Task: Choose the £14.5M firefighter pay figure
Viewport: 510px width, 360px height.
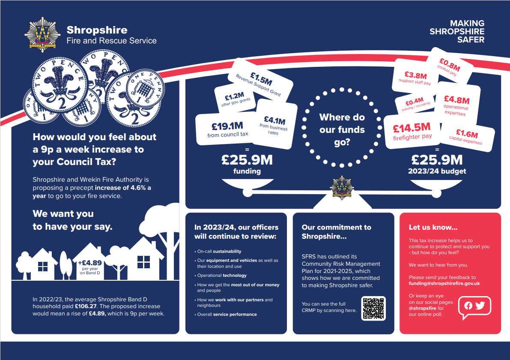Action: click(412, 127)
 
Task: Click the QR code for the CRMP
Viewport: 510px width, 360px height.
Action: click(373, 308)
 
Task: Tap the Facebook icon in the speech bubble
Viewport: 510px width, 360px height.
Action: click(468, 306)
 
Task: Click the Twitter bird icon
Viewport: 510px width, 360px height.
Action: click(480, 306)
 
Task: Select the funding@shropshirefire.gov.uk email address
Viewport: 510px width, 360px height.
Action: click(444, 284)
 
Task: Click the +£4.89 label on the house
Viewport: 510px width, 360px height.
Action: click(89, 263)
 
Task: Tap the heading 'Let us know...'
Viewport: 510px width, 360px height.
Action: click(433, 228)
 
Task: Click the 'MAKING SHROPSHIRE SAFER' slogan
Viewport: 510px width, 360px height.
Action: click(457, 31)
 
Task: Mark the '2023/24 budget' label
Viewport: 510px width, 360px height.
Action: click(437, 171)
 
